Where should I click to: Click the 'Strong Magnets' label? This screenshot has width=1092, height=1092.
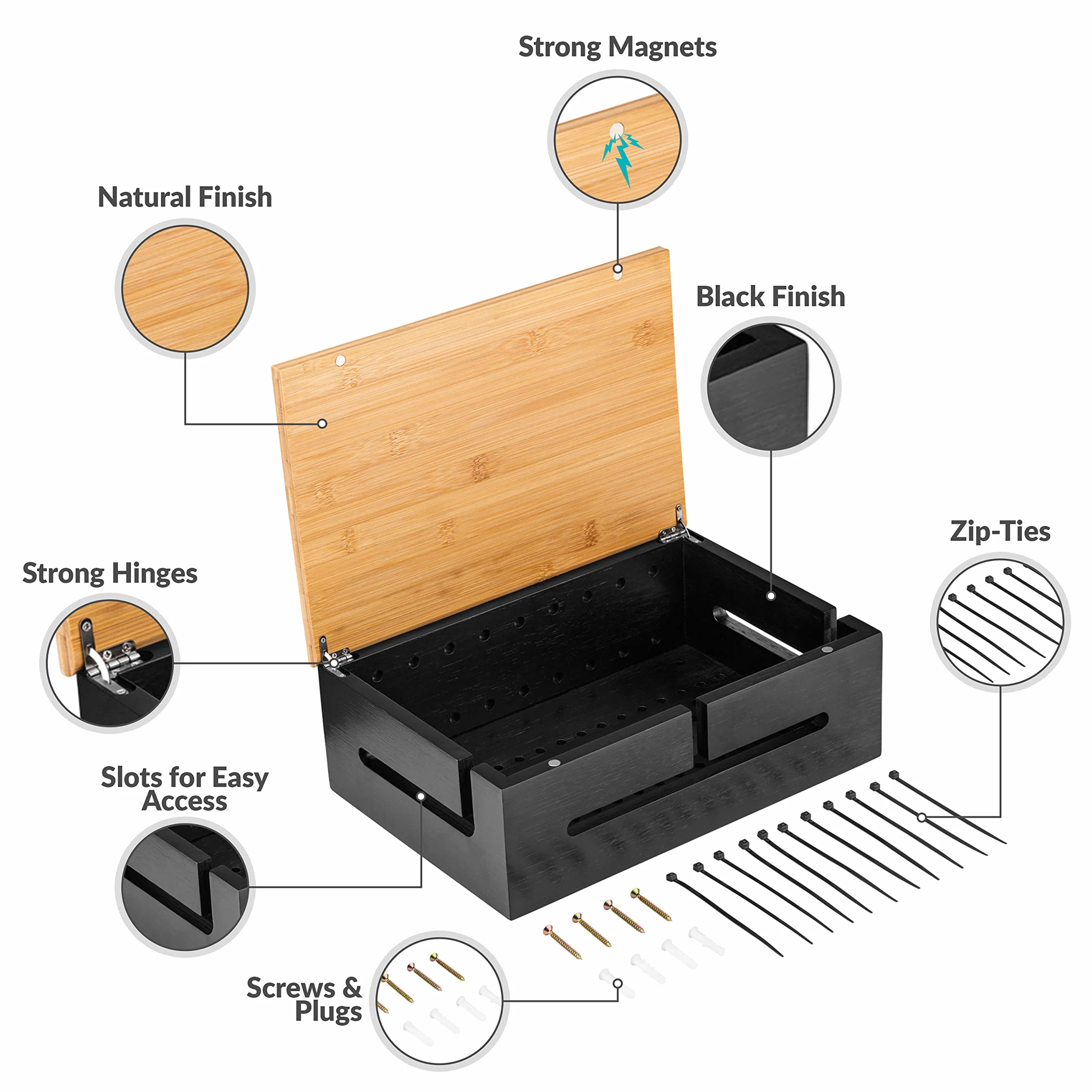pos(617,47)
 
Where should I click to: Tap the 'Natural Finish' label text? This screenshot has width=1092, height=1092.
pos(185,197)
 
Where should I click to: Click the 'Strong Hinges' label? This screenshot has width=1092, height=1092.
pos(110,574)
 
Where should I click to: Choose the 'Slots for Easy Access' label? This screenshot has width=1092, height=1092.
pos(185,789)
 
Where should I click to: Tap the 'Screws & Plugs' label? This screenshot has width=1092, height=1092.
pos(304,999)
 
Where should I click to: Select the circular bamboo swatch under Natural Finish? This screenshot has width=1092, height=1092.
pos(185,288)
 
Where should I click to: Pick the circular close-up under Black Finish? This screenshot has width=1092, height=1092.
pos(770,387)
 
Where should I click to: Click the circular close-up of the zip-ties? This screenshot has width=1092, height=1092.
pos(1000,622)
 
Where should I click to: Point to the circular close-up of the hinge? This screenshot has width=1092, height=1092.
pos(110,663)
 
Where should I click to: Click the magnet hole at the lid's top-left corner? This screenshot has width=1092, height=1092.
pos(340,360)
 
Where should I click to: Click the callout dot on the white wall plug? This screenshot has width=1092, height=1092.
pos(618,984)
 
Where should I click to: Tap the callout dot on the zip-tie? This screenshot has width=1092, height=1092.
pos(922,817)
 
